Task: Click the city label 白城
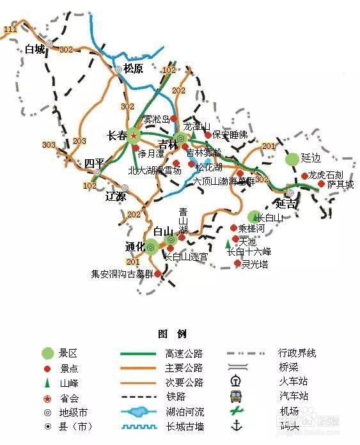point(35,49)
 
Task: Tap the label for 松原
point(133,68)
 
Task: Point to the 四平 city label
point(93,163)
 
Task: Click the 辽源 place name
point(116,196)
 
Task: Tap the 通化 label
point(136,247)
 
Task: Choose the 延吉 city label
point(286,204)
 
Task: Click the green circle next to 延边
point(292,159)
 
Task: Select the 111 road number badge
point(10,29)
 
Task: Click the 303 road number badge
point(49,145)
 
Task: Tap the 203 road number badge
point(79,141)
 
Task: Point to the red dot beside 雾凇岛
point(173,119)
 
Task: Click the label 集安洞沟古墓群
point(121,274)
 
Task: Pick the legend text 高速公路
point(184,353)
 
